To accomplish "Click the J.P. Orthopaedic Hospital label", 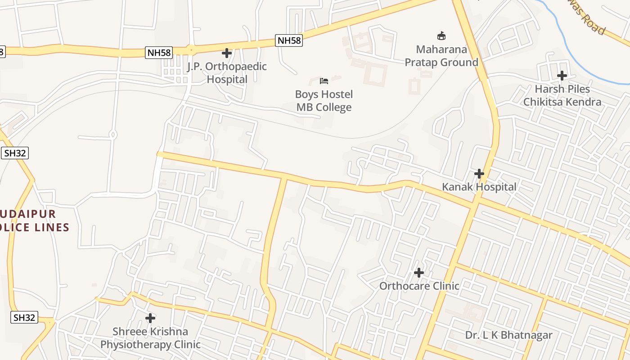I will tap(227, 73).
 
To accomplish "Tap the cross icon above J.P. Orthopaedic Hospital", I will tap(227, 53).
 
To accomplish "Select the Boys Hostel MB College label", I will tap(324, 101).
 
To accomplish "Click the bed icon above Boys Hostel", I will tap(324, 81).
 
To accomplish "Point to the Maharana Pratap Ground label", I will tap(441, 56).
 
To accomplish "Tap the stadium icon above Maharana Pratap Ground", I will tap(441, 36).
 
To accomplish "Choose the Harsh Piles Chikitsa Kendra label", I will tap(562, 95).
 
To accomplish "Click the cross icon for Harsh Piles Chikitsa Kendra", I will tap(562, 76).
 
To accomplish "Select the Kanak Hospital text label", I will tap(479, 187).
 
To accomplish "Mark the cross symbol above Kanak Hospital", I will tap(479, 173).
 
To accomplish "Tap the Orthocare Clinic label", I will tap(419, 286).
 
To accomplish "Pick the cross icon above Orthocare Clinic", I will tap(419, 272).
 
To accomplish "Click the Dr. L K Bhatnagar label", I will tap(508, 335).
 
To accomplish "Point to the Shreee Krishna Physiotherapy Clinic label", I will tap(150, 338).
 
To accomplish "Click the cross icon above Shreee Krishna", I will tap(150, 318).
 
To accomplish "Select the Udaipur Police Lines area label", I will tap(34, 220).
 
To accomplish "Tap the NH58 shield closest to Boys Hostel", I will tap(289, 40).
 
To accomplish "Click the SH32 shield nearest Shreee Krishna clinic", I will tap(24, 317).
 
